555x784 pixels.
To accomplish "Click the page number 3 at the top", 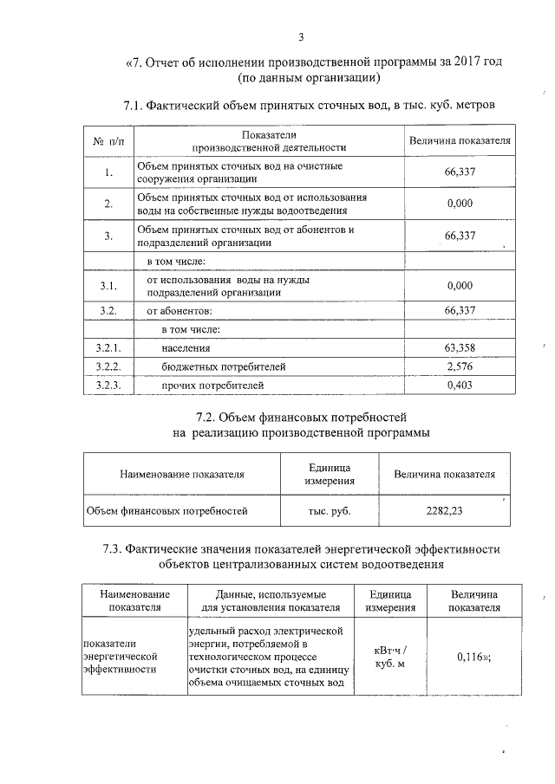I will [x=300, y=36].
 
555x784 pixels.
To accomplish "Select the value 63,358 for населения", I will [x=460, y=348].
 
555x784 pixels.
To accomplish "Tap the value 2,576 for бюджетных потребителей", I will [x=460, y=366].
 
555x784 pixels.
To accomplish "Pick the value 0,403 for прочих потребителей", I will [x=460, y=385].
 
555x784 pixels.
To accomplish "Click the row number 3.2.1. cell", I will [x=108, y=348].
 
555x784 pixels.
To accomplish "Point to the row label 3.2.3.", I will [x=108, y=385].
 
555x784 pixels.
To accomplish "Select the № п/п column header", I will [x=108, y=141].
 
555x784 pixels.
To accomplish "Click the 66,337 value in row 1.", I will [x=460, y=172].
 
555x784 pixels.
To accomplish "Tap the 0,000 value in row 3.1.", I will [x=460, y=285].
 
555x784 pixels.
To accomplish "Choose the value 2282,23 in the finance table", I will [x=444, y=510].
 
